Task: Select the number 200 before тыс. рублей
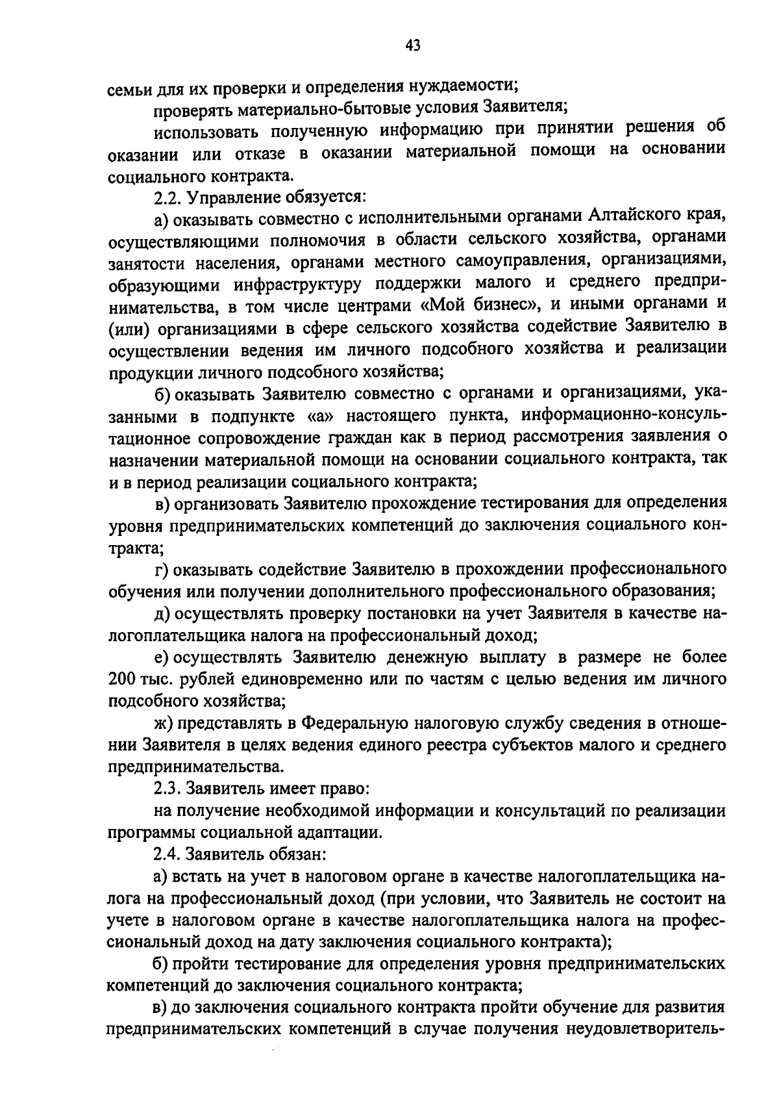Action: click(x=121, y=680)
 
